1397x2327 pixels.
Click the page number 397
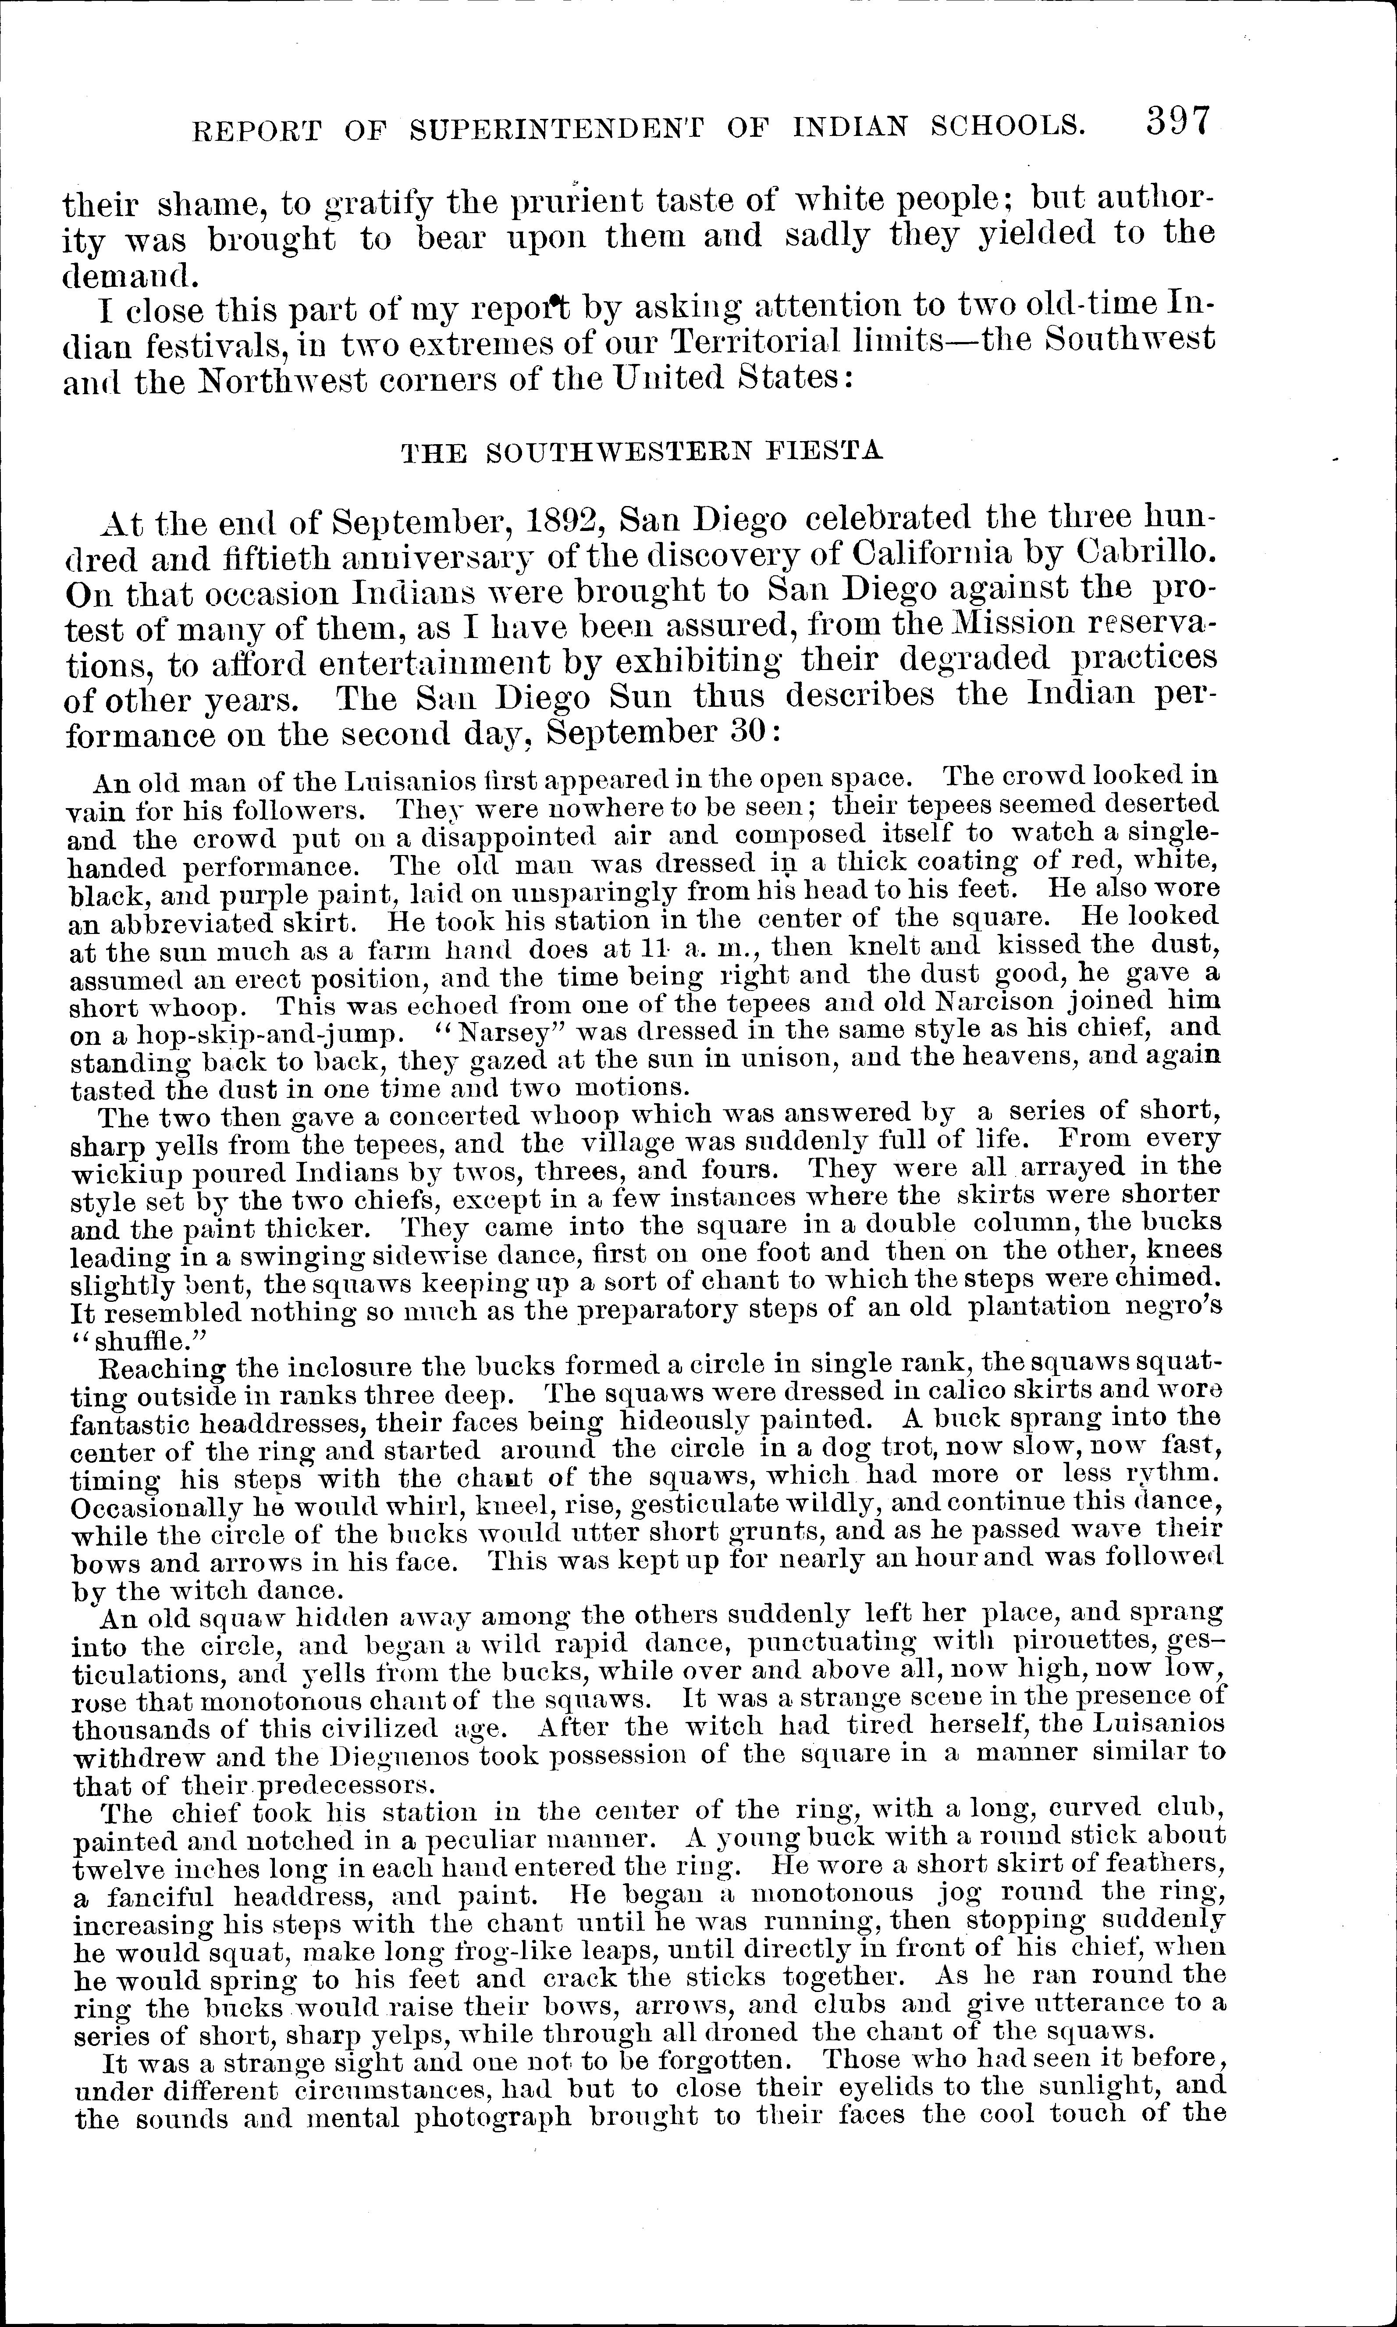click(x=1177, y=122)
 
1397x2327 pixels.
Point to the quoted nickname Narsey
click(x=510, y=1027)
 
